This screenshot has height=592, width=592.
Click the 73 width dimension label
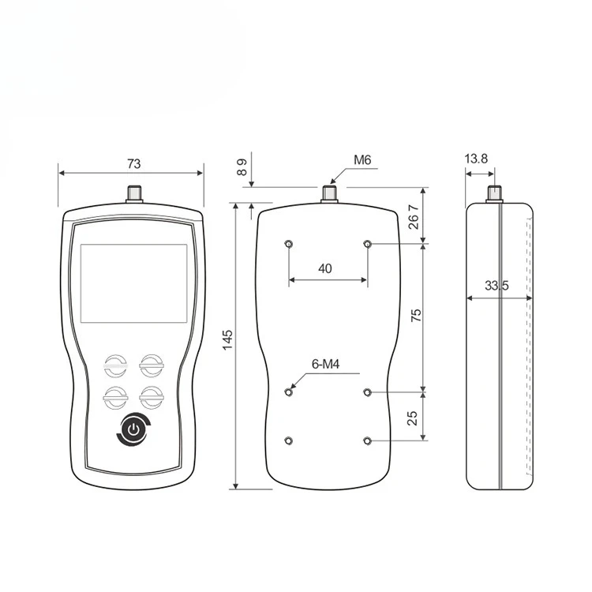coord(133,164)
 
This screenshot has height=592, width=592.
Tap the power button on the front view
coord(134,429)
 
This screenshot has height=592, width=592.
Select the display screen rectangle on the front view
coord(134,283)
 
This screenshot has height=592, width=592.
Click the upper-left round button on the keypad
coord(115,365)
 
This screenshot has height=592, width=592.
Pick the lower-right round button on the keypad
coord(152,398)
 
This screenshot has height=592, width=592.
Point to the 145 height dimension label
coord(227,339)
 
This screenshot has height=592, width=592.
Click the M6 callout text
coord(362,160)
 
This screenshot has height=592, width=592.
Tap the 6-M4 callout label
coord(325,365)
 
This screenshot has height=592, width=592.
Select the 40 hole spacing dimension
coord(325,269)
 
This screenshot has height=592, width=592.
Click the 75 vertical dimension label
coord(416,315)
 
